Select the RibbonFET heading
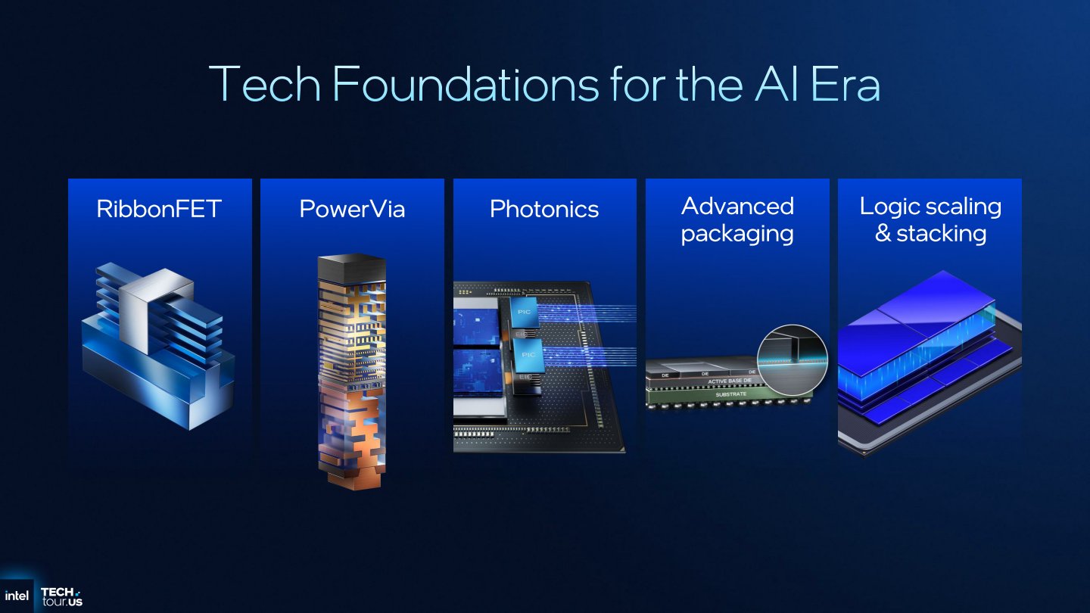click(x=159, y=209)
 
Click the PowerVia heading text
click(x=352, y=209)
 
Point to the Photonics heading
click(x=544, y=209)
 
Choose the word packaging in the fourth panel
click(x=737, y=233)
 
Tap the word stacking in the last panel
click(x=942, y=233)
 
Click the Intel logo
click(x=17, y=596)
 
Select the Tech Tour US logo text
click(x=61, y=596)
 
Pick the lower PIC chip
click(x=528, y=354)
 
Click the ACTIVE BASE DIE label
click(x=730, y=381)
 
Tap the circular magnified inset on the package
click(x=793, y=360)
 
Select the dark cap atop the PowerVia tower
click(x=352, y=266)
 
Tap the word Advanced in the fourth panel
click(x=737, y=206)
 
